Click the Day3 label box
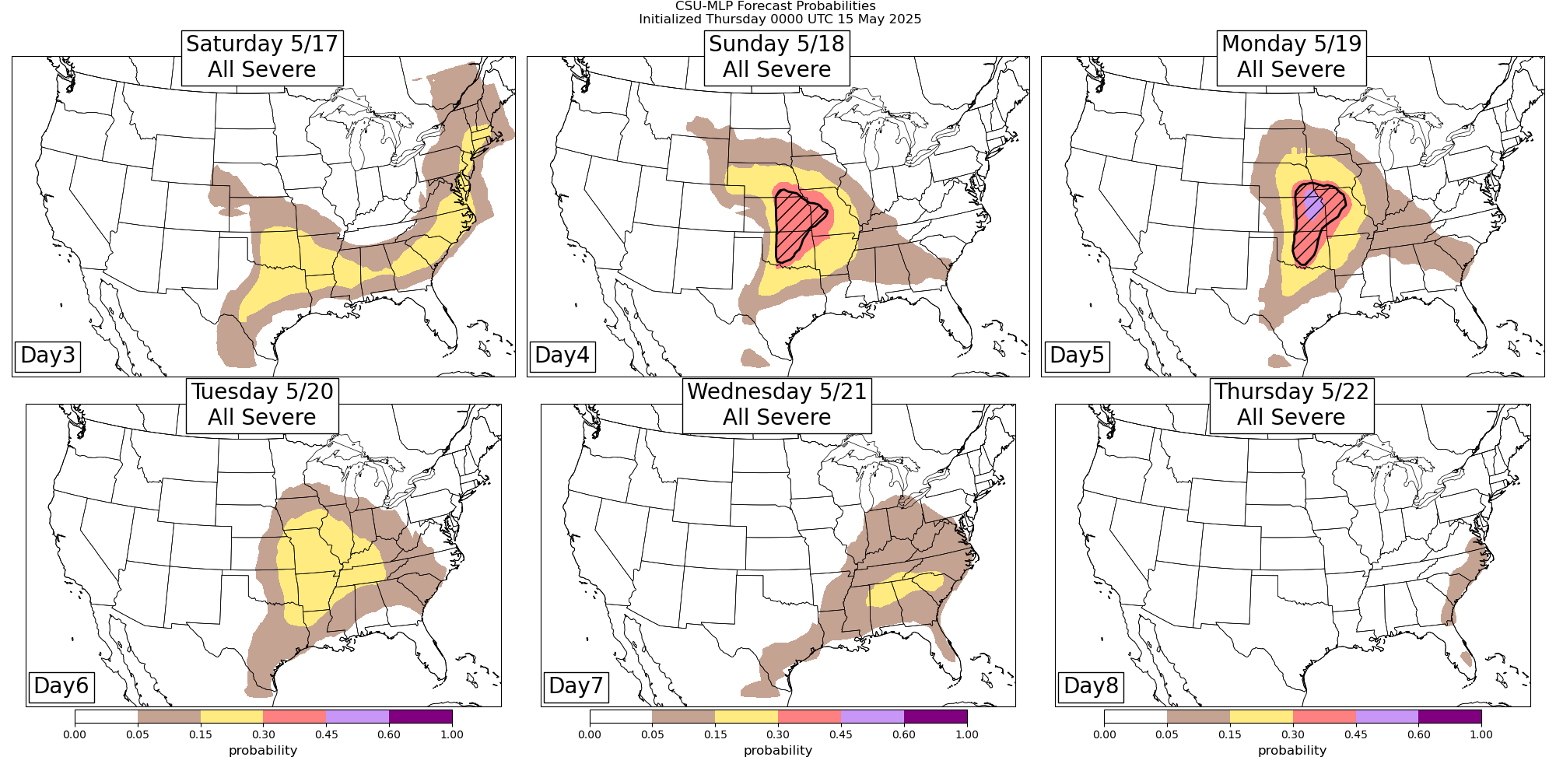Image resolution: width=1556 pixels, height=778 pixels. pos(47,355)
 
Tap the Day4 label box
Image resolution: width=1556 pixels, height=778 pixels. pos(562,355)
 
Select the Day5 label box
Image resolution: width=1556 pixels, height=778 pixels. pos(1077,355)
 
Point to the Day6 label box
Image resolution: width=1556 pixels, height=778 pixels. pos(61,685)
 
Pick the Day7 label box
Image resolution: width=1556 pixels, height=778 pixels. pos(576,685)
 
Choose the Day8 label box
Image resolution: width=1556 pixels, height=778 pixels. pos(1091,685)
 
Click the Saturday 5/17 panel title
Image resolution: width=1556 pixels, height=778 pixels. pos(262,57)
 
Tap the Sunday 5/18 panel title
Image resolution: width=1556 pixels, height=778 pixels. pos(776,57)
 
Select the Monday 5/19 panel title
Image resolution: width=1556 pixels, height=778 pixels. pos(1291,57)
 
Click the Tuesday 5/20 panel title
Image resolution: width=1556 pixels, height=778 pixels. pos(262,405)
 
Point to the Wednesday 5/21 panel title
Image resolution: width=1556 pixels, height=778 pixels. pos(776,405)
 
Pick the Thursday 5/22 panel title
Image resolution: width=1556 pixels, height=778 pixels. pos(1291,405)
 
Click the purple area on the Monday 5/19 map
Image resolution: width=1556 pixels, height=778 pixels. pos(1312,207)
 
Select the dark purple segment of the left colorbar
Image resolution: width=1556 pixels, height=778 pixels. pos(420,717)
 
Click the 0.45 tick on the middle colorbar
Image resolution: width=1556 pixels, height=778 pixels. pos(841,734)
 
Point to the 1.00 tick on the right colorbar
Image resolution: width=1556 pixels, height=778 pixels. pos(1481,734)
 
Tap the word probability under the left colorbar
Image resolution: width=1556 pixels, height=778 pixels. pos(263,751)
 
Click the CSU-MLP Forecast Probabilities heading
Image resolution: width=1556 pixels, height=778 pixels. pos(780,6)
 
